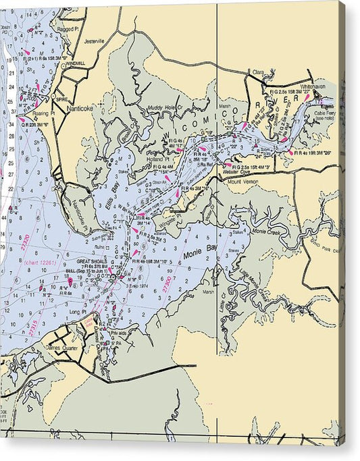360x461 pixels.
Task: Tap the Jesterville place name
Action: tap(93, 41)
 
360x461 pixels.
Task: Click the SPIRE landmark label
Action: tap(63, 88)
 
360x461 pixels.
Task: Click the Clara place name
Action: tap(257, 71)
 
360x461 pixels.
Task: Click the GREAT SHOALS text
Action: tap(92, 261)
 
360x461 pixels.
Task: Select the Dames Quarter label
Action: tap(61, 348)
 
